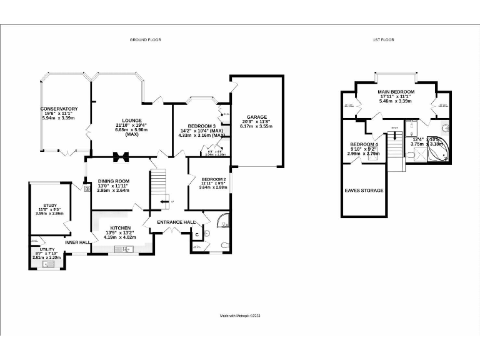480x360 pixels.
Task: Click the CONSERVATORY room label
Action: coord(59,108)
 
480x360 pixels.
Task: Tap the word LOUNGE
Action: coord(132,120)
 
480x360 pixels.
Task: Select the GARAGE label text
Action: coord(256,117)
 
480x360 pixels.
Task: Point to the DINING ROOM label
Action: coord(112,181)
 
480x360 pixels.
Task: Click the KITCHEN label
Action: coord(121,227)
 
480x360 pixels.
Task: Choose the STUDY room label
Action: coord(50,204)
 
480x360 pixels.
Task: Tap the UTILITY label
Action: coord(47,249)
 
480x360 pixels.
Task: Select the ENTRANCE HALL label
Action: coord(176,222)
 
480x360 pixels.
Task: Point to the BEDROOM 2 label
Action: coord(212,178)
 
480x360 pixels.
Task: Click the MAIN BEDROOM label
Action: coord(396,92)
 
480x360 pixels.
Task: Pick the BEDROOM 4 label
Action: coord(363,144)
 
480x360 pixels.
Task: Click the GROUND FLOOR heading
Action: coord(145,39)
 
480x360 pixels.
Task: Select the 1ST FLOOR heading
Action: coord(383,39)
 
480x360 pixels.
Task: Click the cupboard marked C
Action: coord(197,234)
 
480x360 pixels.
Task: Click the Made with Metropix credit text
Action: coord(240,316)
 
